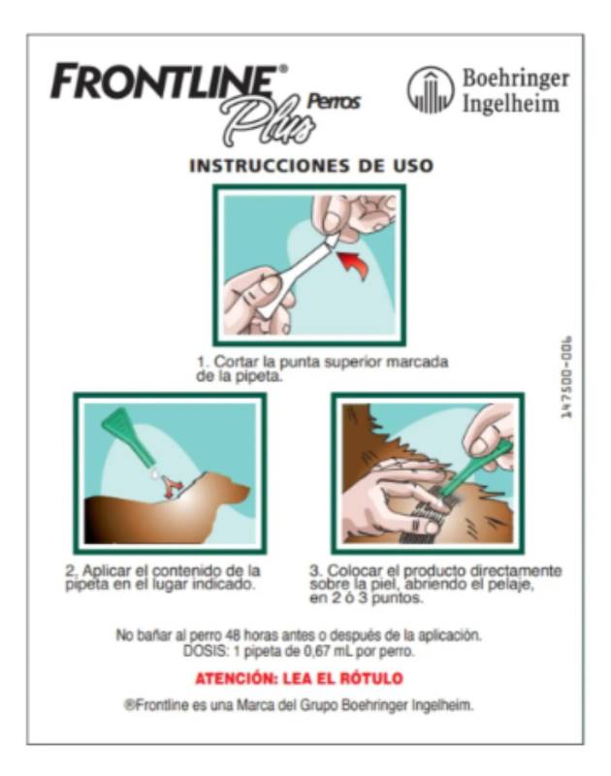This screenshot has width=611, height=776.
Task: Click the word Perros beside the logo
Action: tap(334, 102)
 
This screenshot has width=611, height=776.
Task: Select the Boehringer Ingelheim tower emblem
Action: tap(431, 90)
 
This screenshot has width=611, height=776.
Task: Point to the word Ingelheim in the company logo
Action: tap(510, 105)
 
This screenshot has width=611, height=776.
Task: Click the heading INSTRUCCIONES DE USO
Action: tap(311, 166)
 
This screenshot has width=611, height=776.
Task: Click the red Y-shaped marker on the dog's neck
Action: tap(173, 488)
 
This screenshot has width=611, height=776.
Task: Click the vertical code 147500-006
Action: tap(566, 377)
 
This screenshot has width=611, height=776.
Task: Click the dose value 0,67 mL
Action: tap(327, 651)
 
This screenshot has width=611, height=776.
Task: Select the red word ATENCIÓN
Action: tap(236, 678)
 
